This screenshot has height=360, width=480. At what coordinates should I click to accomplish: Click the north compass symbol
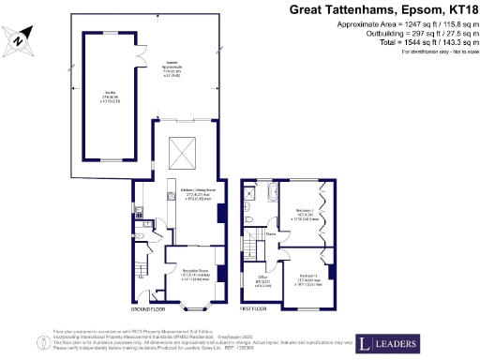pos(20,40)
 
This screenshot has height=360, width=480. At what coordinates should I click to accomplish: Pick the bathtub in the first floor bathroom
pos(271,195)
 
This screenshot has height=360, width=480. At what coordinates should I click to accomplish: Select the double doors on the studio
pos(142,57)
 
